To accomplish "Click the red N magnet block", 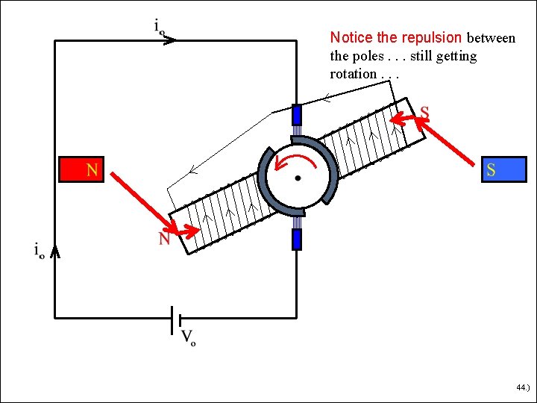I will pyautogui.click(x=81, y=169).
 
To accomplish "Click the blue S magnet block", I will pyautogui.click(x=503, y=169).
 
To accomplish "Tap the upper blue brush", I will pyautogui.click(x=297, y=114).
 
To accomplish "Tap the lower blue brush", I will pyautogui.click(x=297, y=239).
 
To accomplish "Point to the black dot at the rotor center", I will pyautogui.click(x=298, y=178).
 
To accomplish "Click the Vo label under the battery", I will pyautogui.click(x=188, y=337).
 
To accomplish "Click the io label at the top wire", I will pyautogui.click(x=160, y=27).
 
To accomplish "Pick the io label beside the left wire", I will pyautogui.click(x=39, y=251).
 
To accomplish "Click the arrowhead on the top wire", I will pyautogui.click(x=169, y=40).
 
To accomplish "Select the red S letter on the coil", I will pyautogui.click(x=424, y=113).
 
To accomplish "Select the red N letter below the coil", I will pyautogui.click(x=163, y=239).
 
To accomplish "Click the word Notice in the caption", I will pyautogui.click(x=353, y=37).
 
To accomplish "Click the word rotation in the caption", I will pyautogui.click(x=353, y=74).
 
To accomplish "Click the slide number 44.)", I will pyautogui.click(x=521, y=388).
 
